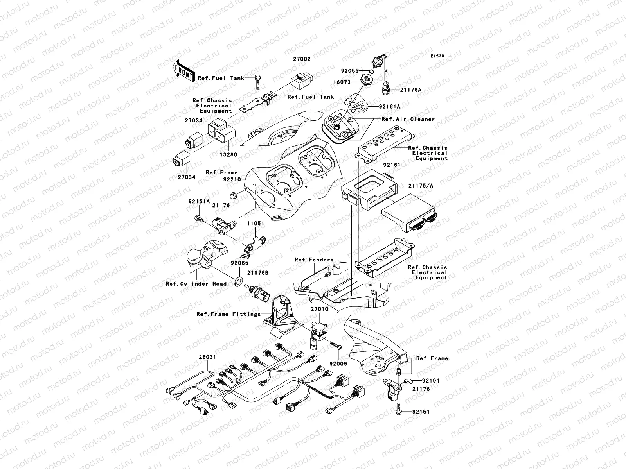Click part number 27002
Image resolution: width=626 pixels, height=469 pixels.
click(x=302, y=59)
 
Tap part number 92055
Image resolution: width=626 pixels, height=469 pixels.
click(x=350, y=71)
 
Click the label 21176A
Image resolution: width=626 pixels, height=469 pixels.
click(x=411, y=90)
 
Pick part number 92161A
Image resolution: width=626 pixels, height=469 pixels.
click(x=389, y=106)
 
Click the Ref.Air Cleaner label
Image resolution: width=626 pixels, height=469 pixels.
click(x=408, y=119)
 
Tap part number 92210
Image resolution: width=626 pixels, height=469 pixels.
click(x=231, y=180)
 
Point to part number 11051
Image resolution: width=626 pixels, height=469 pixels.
click(x=255, y=224)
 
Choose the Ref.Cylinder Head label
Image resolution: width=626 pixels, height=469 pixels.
click(x=196, y=284)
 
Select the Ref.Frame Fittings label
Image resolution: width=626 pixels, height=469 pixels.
click(x=228, y=314)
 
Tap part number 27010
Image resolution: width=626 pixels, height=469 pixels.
click(x=320, y=309)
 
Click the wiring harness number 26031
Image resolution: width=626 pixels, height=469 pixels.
click(x=207, y=357)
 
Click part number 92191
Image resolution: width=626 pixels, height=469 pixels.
click(x=431, y=380)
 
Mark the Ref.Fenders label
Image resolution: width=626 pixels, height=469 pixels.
click(x=314, y=260)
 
